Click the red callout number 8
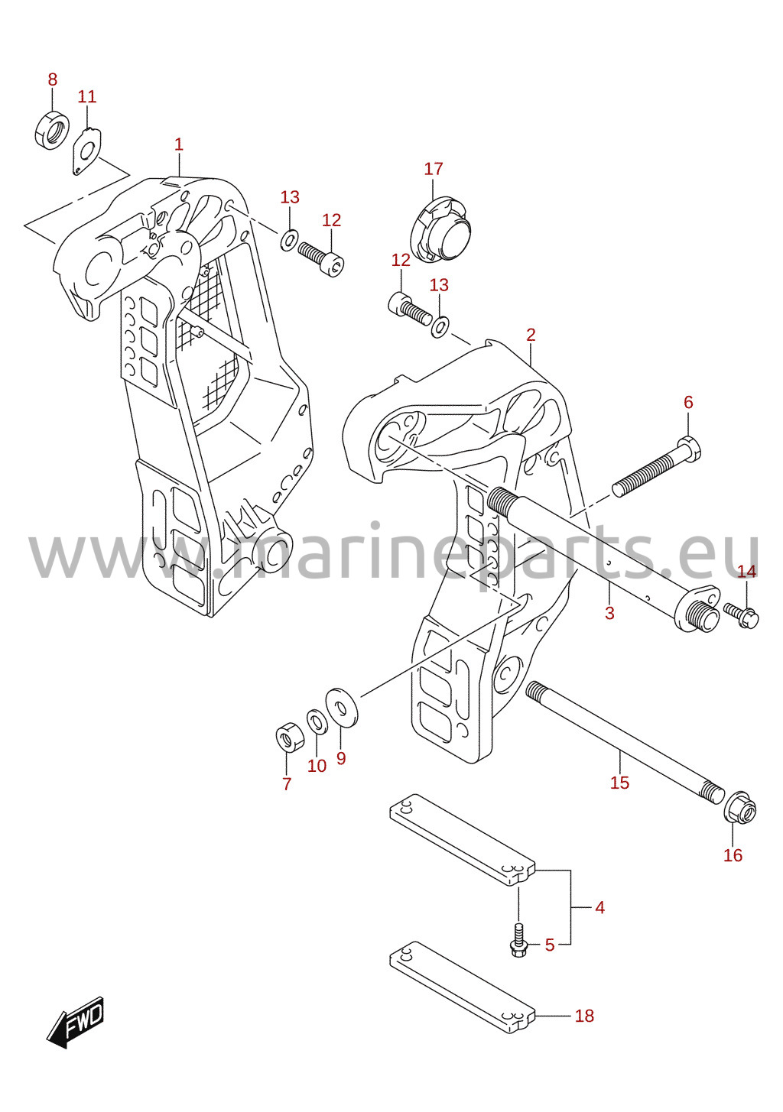tap(52, 79)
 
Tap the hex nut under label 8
tap(52, 131)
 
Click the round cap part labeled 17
tap(440, 229)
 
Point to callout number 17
tap(434, 169)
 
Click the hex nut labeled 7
tap(288, 741)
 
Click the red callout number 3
tap(609, 613)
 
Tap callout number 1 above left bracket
tap(178, 144)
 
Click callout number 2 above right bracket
tap(531, 335)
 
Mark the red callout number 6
tap(688, 402)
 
